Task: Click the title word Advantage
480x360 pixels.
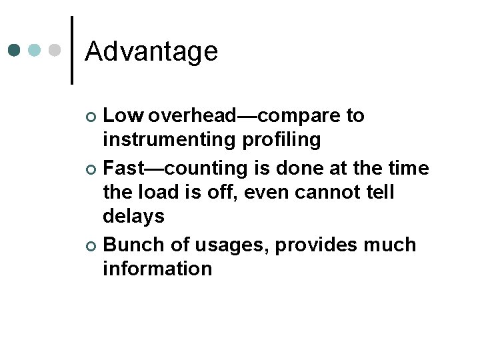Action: tap(151, 51)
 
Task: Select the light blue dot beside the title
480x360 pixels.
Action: tap(35, 50)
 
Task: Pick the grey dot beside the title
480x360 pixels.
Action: tap(55, 50)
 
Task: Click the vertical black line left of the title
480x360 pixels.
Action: tap(72, 50)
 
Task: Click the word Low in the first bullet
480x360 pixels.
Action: tap(123, 116)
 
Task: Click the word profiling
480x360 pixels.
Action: tap(288, 141)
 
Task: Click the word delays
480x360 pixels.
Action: tap(133, 217)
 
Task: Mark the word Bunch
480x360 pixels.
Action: tap(134, 245)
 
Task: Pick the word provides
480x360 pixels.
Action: tap(315, 245)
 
